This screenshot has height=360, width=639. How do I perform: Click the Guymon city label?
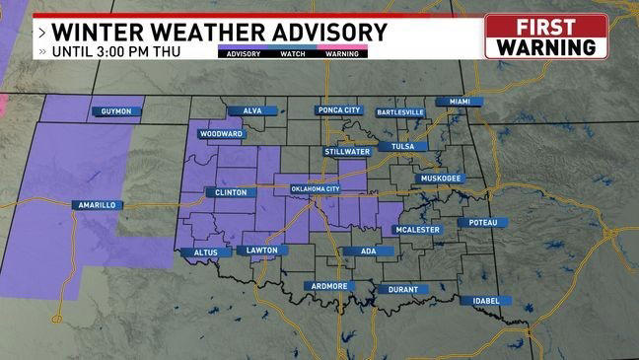coord(117,111)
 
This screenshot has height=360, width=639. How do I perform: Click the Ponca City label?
coord(340,110)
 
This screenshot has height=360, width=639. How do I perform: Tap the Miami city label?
coord(460,102)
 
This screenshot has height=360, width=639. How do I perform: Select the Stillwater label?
coord(347,152)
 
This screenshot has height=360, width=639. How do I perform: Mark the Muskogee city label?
coord(440,179)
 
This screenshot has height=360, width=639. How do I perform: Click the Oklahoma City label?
coord(315,188)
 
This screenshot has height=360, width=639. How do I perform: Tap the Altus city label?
coord(205,252)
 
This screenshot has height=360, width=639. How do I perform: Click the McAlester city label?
coord(418,230)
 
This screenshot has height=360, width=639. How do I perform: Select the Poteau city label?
coord(483,223)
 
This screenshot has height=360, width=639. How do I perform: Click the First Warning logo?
coord(545,36)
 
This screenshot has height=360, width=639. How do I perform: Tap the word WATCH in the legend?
coord(292,54)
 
